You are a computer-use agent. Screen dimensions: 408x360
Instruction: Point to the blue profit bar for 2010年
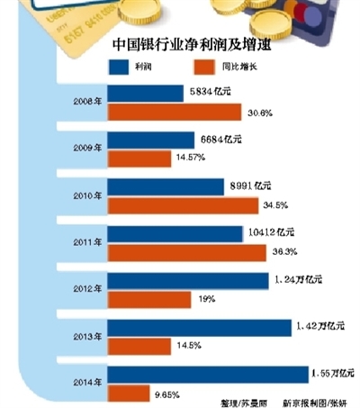pyautogui.click(x=166, y=186)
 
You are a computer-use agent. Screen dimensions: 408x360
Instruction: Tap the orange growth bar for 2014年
pyautogui.click(x=128, y=393)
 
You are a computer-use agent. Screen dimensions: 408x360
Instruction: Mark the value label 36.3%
pyautogui.click(x=285, y=251)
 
